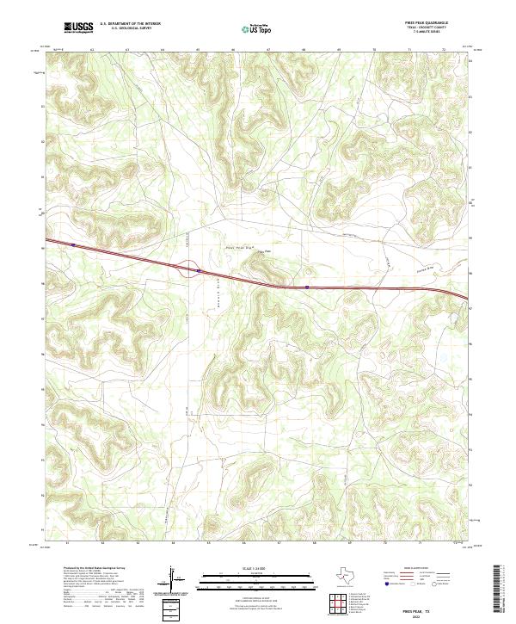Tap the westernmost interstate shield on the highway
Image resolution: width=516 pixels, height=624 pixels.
[x=75, y=244]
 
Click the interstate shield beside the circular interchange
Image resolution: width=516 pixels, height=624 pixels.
[x=199, y=271]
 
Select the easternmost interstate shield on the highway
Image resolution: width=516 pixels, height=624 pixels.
[x=307, y=288]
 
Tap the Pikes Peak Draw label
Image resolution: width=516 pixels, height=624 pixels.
[x=238, y=247]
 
